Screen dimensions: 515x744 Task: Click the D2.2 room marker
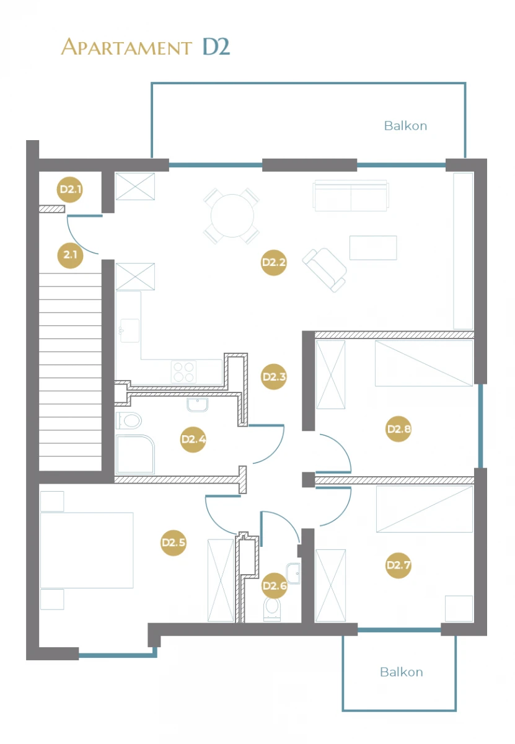coord(273,262)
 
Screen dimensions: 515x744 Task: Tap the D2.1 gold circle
coord(70,189)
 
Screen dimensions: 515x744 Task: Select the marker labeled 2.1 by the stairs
coord(70,255)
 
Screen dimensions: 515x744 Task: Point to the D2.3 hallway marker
coord(273,377)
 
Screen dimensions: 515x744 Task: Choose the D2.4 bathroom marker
coord(193,440)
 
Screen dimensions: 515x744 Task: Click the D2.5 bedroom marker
coord(173,542)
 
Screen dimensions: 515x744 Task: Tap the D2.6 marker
coord(275,585)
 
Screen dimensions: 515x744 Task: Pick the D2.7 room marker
coord(398,565)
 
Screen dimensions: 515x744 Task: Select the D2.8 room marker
coord(398,429)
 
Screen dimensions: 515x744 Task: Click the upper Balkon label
coord(405,126)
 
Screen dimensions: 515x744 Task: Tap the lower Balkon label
coord(402,672)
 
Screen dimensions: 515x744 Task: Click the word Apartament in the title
coord(126,47)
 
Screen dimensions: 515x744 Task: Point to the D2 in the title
coord(216,46)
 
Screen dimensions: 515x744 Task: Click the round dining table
coord(232,216)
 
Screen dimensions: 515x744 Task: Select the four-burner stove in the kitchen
coord(183,372)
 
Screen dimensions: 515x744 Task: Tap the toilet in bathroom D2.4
coord(129,420)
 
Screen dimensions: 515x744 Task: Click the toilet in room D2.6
coord(272,610)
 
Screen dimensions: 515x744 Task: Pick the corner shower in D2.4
coord(135,454)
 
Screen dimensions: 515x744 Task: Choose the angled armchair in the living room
coord(324,270)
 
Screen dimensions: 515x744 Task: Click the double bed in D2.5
coord(87,551)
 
